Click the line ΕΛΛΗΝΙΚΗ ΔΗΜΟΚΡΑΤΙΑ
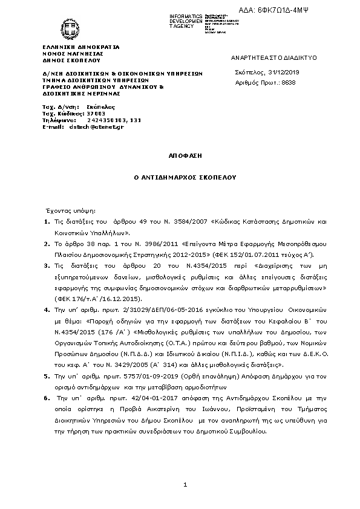(80, 47)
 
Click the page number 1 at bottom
(185, 485)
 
